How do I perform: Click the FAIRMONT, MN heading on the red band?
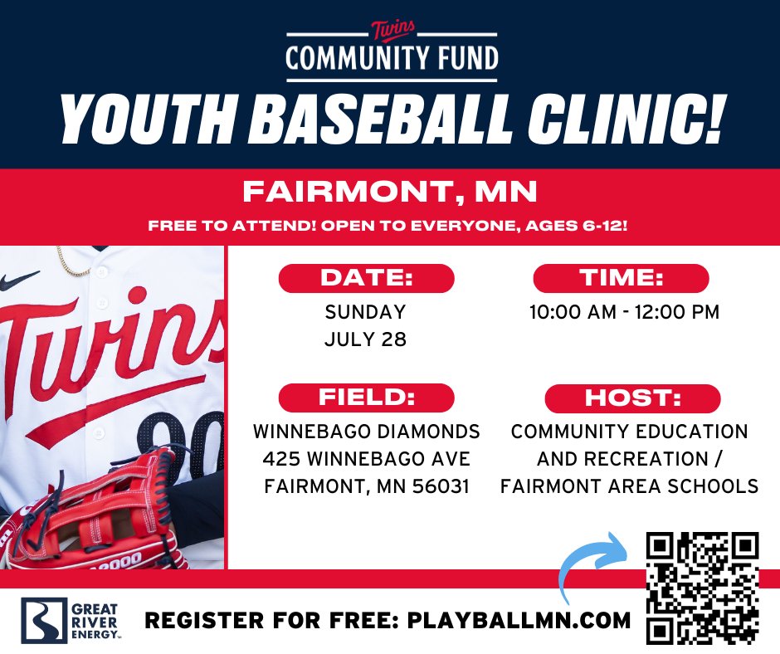point(390,193)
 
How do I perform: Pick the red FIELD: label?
point(366,398)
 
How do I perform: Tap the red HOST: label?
point(632,398)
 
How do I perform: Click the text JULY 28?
point(366,339)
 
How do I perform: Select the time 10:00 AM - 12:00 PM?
point(625,313)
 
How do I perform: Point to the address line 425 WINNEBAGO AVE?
point(366,459)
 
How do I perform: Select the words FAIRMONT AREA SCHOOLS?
point(629,486)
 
